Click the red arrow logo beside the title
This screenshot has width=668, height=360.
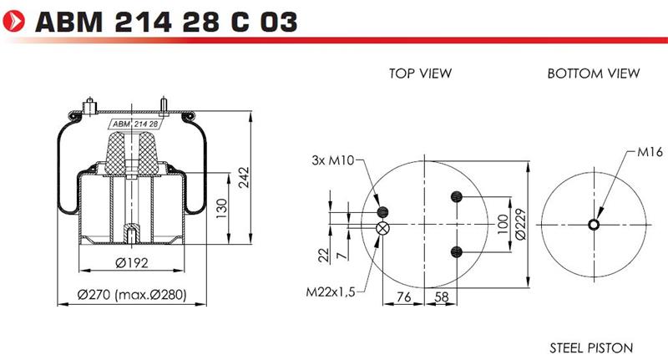coord(14,21)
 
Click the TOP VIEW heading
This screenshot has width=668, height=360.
coord(420,74)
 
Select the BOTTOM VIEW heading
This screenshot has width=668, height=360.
coord(594,74)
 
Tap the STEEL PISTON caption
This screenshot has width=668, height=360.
coord(591,348)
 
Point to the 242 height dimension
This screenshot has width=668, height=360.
coord(244,178)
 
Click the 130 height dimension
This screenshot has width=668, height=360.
coord(222,208)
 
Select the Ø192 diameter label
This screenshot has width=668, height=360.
coord(132,263)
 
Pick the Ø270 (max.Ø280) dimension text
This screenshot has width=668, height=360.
coord(132,294)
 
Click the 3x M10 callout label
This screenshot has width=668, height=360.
coord(332,160)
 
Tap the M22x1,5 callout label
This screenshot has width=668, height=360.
coord(330,292)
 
